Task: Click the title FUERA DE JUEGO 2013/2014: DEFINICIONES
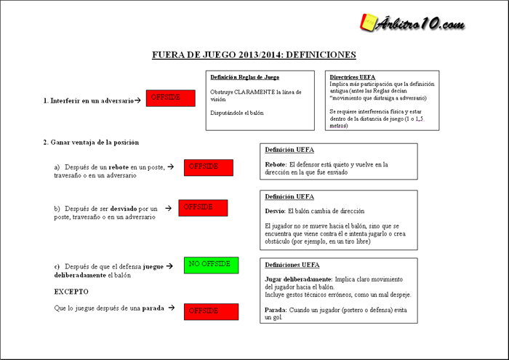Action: point(254,55)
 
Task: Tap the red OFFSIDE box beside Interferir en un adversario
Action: point(170,98)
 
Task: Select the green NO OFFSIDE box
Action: point(211,265)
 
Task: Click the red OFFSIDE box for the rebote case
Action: point(208,167)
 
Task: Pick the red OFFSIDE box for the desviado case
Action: point(203,208)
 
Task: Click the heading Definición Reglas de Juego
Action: point(244,77)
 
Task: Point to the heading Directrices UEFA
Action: point(353,77)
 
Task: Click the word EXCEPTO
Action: point(71,292)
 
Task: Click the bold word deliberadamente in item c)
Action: point(80,276)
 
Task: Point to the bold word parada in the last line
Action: point(153,308)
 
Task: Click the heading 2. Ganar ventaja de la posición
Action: point(90,142)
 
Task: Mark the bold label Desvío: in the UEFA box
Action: point(275,210)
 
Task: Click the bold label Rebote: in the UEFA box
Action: point(276,164)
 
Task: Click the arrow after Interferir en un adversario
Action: point(137,100)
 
